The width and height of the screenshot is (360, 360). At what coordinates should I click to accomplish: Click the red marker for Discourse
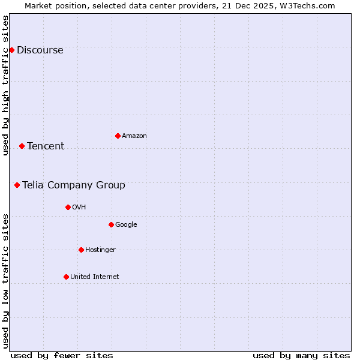[11, 50]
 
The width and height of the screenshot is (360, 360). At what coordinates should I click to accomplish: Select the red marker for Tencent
[22, 146]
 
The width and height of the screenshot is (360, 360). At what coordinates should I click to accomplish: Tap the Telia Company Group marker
[17, 185]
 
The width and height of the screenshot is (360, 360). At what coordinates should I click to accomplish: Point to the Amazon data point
[118, 136]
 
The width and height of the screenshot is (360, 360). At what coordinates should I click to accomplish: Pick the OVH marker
[68, 207]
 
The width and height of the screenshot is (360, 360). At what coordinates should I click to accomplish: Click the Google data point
[111, 224]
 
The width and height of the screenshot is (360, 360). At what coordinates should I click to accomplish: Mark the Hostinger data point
[81, 250]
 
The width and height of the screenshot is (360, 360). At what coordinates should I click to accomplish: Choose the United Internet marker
[66, 277]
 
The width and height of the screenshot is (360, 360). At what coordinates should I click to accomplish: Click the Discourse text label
[40, 50]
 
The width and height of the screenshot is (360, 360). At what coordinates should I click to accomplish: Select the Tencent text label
[46, 146]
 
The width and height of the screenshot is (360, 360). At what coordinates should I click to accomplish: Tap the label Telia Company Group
[74, 185]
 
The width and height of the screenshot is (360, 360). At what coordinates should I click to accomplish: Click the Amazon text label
[134, 136]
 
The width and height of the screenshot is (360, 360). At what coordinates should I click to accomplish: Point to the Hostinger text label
[100, 250]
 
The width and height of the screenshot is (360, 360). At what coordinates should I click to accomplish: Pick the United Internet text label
[95, 277]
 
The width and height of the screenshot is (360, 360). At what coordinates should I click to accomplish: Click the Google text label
[126, 225]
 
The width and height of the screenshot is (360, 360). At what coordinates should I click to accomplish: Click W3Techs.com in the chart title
[307, 6]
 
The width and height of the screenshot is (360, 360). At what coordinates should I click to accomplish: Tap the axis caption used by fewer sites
[62, 356]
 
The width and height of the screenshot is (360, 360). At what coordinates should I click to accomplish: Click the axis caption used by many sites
[301, 356]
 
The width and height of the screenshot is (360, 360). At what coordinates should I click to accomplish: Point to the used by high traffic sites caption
[6, 85]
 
